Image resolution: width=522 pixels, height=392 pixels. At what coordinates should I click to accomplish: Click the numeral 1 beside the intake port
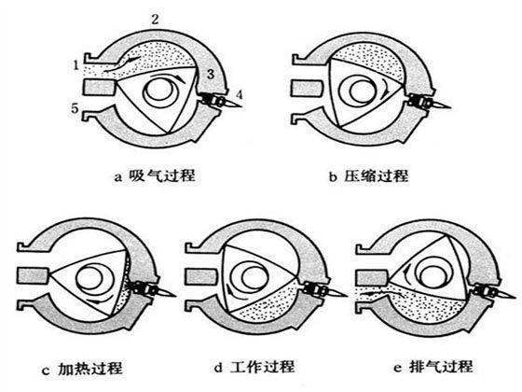point(76,65)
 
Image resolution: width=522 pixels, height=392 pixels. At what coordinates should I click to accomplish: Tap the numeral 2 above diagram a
point(155,20)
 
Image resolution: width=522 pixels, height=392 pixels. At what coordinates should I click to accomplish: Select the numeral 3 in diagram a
point(210,74)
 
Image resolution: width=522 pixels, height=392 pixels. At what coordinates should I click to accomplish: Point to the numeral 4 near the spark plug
point(239,94)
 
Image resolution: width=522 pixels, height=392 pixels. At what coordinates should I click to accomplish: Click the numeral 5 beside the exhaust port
point(75,108)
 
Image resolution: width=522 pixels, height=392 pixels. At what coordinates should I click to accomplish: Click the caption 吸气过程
point(162,175)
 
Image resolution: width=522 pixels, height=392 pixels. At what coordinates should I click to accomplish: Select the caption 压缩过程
point(376,175)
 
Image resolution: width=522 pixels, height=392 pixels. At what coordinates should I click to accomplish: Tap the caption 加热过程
point(89,368)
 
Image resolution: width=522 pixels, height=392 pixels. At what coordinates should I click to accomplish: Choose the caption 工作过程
point(262,367)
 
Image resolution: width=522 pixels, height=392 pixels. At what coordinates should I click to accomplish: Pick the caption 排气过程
point(440,367)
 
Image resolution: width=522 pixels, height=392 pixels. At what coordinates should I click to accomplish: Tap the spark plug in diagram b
point(429,102)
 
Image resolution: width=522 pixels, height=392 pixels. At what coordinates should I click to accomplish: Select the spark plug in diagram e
point(493,291)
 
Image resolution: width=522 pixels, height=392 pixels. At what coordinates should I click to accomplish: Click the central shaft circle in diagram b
point(363,90)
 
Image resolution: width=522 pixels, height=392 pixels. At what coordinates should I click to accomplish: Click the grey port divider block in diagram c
point(33,275)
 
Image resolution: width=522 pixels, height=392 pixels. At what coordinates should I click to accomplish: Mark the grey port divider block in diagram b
point(307,89)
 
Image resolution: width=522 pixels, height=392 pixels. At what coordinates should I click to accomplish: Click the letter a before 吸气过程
point(117,177)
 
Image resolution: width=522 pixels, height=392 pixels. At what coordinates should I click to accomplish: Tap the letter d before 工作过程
point(218,368)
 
